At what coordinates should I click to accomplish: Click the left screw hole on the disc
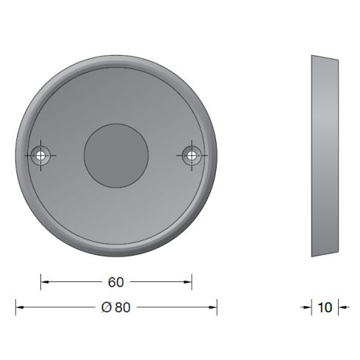[x=40, y=155]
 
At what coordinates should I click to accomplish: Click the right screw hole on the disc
[x=192, y=155]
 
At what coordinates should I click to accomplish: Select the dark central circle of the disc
[x=116, y=155]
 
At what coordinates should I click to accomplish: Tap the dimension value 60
[x=116, y=281]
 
